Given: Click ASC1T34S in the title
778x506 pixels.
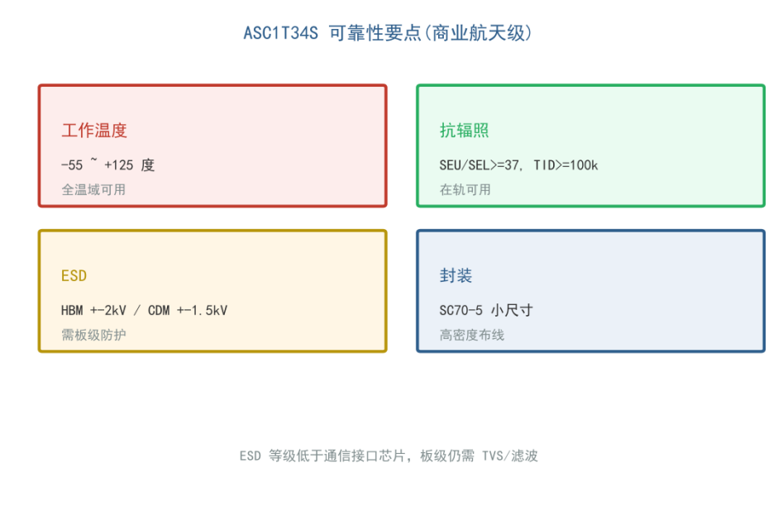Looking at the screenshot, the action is click(x=280, y=33).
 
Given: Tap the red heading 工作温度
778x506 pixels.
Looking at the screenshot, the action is click(x=94, y=131).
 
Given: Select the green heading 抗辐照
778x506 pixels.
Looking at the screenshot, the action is click(x=464, y=131).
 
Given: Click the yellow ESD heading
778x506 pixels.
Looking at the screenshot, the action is click(x=74, y=276).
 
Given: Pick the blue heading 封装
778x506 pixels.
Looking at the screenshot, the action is click(x=456, y=276).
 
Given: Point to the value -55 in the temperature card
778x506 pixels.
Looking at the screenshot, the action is click(x=72, y=165).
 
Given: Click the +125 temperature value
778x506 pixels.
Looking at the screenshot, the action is click(x=118, y=165).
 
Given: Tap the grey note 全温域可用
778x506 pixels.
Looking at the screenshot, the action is click(x=93, y=189).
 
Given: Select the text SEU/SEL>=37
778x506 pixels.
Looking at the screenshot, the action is click(x=480, y=165).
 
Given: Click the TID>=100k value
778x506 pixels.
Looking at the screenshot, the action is click(x=566, y=165).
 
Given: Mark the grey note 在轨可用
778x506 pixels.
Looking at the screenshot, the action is click(x=465, y=189).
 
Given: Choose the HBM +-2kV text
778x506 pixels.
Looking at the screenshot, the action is click(x=93, y=311).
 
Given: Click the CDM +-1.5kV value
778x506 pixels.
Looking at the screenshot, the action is click(x=188, y=311).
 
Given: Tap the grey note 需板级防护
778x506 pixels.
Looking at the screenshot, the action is click(x=93, y=335).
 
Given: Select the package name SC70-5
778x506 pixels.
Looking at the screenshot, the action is click(x=461, y=311).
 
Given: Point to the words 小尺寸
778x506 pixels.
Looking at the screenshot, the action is click(x=512, y=311).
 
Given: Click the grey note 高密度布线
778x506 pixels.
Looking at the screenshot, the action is click(x=471, y=335).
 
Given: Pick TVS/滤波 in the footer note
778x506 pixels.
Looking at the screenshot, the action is click(x=509, y=456).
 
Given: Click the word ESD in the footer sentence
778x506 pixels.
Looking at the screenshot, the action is click(x=250, y=456).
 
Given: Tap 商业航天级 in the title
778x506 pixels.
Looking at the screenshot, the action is click(x=478, y=33).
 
